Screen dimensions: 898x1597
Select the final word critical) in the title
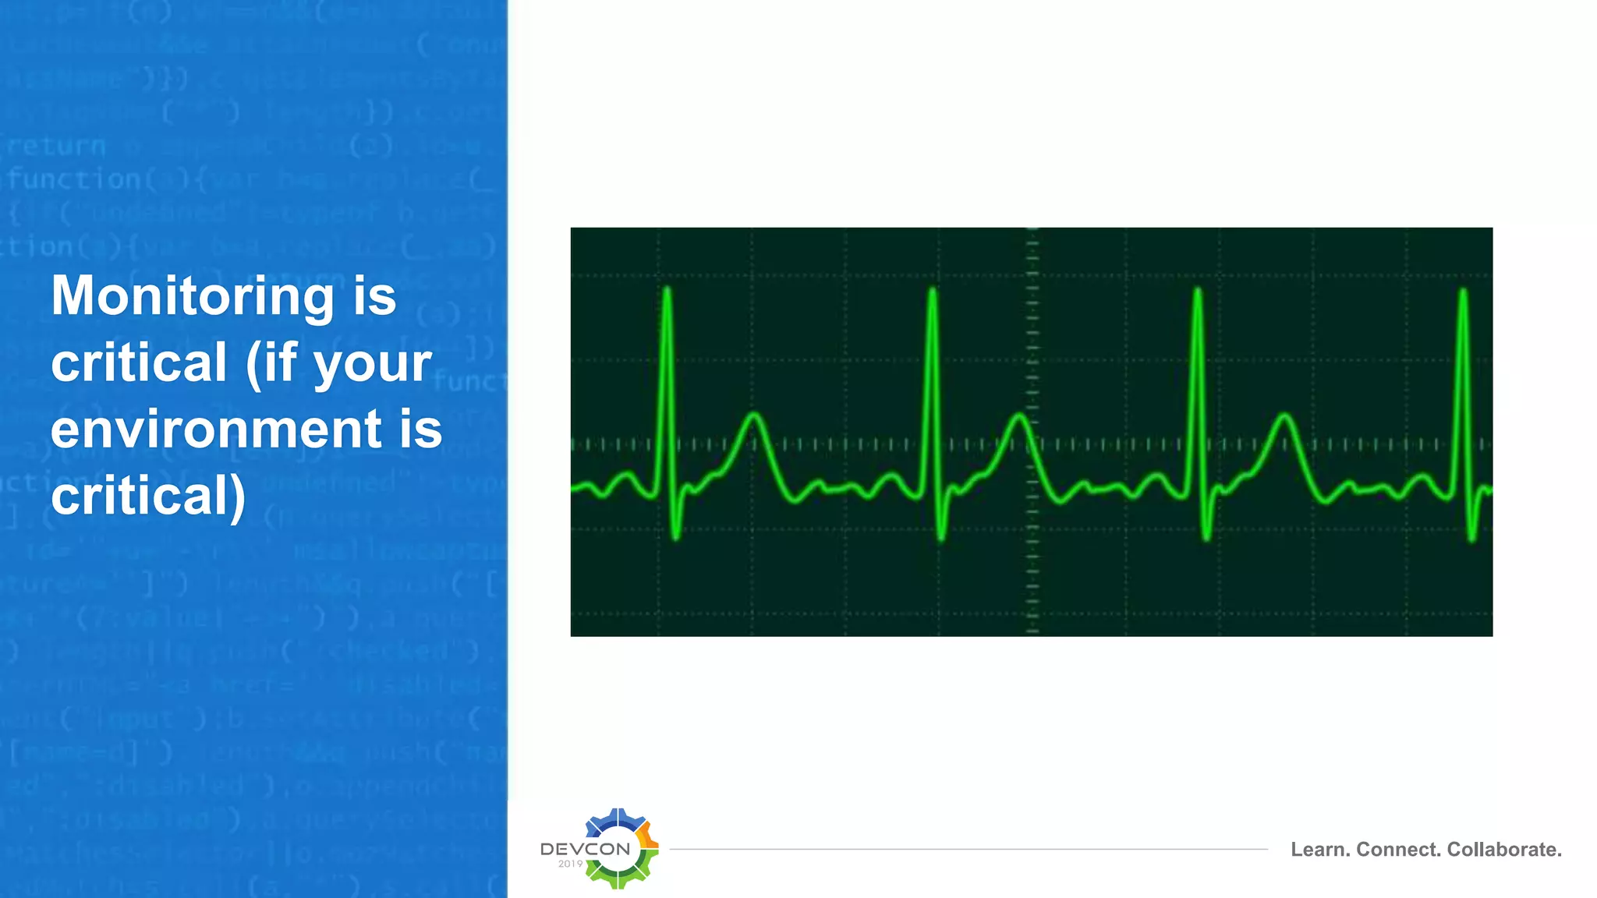pyautogui.click(x=148, y=496)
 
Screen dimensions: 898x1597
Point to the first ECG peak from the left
pyautogui.click(x=667, y=293)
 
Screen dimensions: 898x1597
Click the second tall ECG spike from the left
pyautogui.click(x=932, y=293)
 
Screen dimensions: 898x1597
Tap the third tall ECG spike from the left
pyautogui.click(x=1198, y=293)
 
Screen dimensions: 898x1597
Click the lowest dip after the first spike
pyautogui.click(x=675, y=536)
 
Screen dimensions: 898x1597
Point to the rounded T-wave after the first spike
pyautogui.click(x=753, y=416)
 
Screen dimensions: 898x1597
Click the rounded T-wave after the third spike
pyautogui.click(x=1284, y=416)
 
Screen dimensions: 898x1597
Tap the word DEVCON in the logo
pyautogui.click(x=585, y=849)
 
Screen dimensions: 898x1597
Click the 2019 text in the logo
pyautogui.click(x=570, y=864)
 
